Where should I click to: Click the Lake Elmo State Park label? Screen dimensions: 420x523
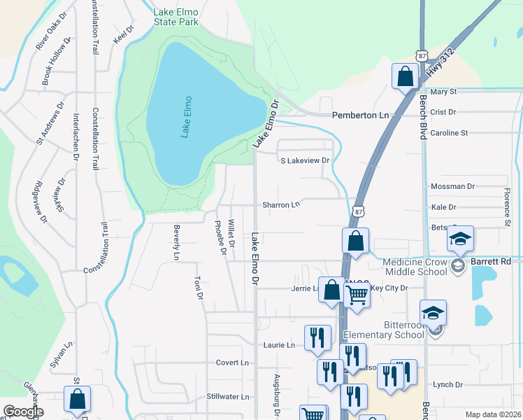pyautogui.click(x=175, y=17)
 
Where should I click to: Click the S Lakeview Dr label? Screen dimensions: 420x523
pyautogui.click(x=304, y=160)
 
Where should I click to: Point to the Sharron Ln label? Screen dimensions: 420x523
pyautogui.click(x=280, y=205)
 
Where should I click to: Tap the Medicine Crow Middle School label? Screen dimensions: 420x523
pyautogui.click(x=415, y=267)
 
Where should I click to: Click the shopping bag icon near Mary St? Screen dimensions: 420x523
pyautogui.click(x=405, y=76)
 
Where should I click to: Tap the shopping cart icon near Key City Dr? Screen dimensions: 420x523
pyautogui.click(x=357, y=295)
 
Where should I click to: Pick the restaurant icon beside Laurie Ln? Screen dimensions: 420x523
pyautogui.click(x=317, y=337)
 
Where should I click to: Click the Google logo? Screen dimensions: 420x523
pyautogui.click(x=24, y=411)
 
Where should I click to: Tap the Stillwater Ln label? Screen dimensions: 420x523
pyautogui.click(x=228, y=397)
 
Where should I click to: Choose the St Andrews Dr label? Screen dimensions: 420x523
pyautogui.click(x=51, y=127)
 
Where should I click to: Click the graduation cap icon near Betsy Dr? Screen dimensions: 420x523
pyautogui.click(x=460, y=239)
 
